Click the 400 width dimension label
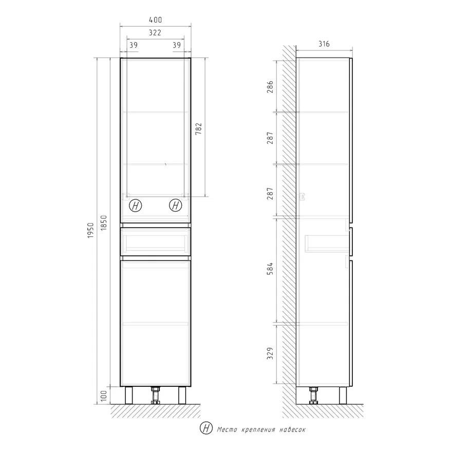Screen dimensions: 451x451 pyautogui.click(x=155, y=20)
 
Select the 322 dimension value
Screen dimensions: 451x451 pyautogui.click(x=155, y=33)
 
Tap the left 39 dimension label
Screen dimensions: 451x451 pyautogui.click(x=133, y=45)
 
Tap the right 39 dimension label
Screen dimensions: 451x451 pyautogui.click(x=177, y=45)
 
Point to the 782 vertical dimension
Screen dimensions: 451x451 pyautogui.click(x=199, y=129)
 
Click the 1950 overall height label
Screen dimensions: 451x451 pyautogui.click(x=91, y=230)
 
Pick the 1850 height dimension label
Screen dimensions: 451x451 pyautogui.click(x=104, y=222)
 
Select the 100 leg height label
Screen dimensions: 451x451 pyautogui.click(x=104, y=396)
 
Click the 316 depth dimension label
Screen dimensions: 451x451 pyautogui.click(x=324, y=44)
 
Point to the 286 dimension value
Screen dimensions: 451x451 pyautogui.click(x=270, y=87)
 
